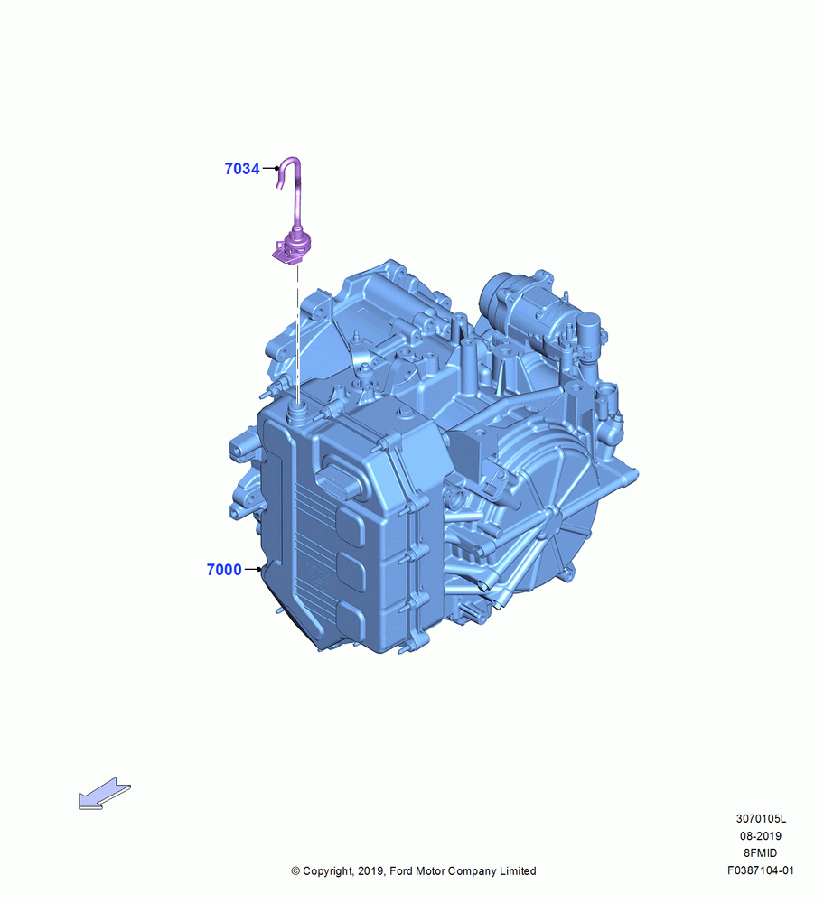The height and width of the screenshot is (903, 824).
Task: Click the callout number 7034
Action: coord(242,169)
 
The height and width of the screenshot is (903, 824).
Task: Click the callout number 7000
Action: coord(224,570)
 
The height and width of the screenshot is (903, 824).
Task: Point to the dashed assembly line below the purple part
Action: coord(298,334)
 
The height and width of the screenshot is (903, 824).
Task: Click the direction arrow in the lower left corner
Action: coord(104,794)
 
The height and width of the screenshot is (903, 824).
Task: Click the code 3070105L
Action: coord(761,818)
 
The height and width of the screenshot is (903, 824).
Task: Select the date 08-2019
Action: coord(761,835)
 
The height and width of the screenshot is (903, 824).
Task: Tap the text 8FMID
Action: coord(761,853)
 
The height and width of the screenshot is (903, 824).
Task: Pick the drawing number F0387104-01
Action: coord(761,870)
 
